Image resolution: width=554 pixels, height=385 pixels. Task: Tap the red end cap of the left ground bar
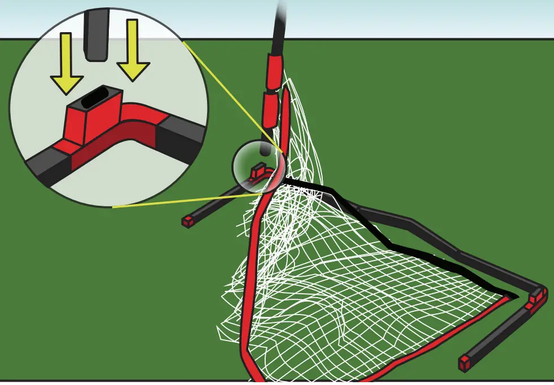point(187,221)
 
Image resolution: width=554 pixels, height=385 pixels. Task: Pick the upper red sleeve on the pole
point(276,70)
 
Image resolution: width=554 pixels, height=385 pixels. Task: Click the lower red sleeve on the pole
point(270,109)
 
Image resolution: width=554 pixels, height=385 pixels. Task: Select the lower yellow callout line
point(181,201)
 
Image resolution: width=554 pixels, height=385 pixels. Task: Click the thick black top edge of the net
point(384,237)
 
